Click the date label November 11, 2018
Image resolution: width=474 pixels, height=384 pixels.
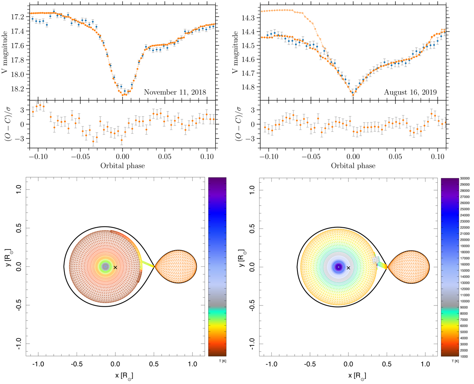[175, 92]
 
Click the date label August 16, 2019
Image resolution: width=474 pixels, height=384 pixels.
[410, 92]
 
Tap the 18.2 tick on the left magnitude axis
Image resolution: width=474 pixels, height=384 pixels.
[19, 89]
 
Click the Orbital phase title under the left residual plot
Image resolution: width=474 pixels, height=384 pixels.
[122, 166]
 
